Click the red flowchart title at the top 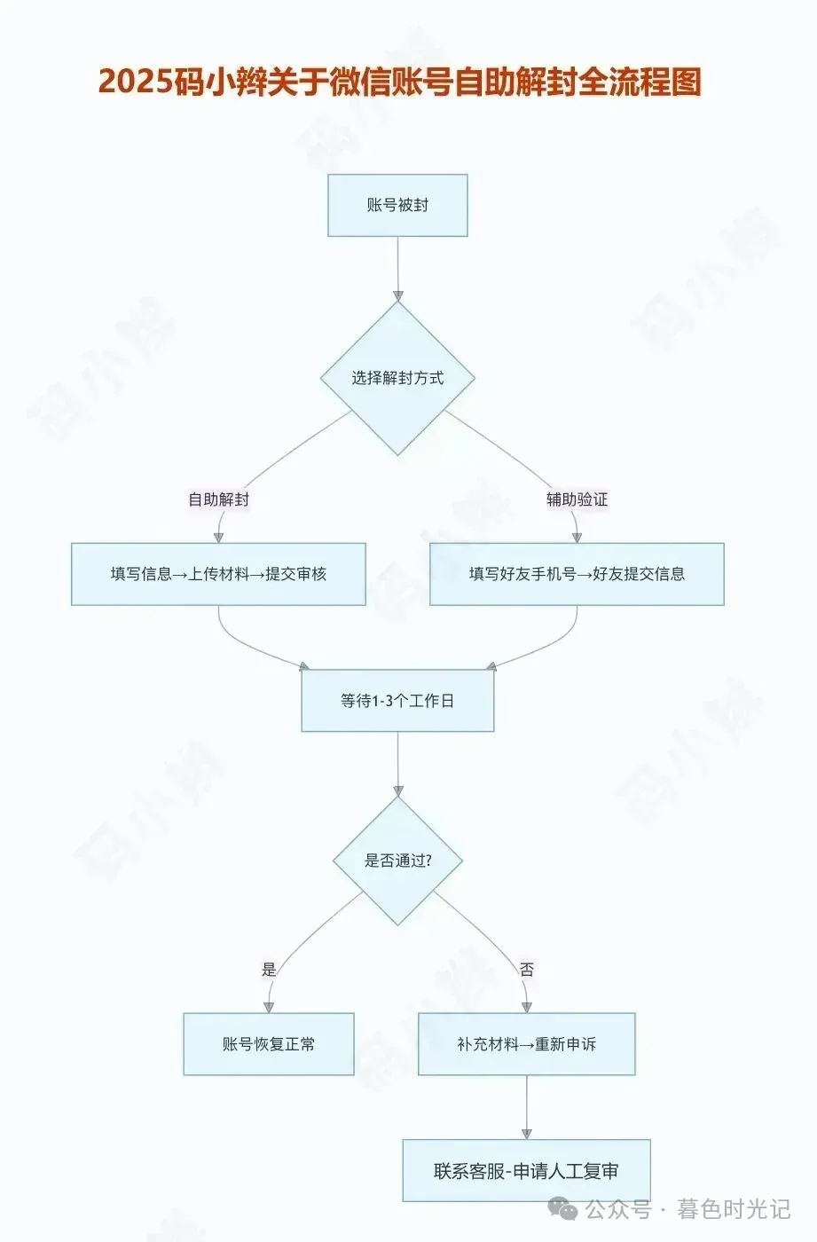[x=399, y=82]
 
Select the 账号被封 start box [x=397, y=205]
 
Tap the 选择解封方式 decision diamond [x=397, y=378]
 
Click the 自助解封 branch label [x=218, y=499]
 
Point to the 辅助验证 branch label [x=577, y=499]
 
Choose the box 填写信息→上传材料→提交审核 [x=218, y=574]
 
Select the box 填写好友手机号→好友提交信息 [x=577, y=574]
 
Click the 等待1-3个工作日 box [x=397, y=701]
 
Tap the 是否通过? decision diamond [x=397, y=861]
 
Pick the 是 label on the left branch [x=269, y=970]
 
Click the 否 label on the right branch [x=527, y=970]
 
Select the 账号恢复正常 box [x=269, y=1044]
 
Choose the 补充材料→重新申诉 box [x=527, y=1044]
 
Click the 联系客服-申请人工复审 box [x=527, y=1171]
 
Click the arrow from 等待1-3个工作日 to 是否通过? [x=397, y=763]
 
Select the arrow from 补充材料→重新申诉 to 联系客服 [x=527, y=1107]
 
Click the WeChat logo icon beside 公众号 [x=562, y=1208]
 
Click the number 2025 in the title [x=134, y=82]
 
